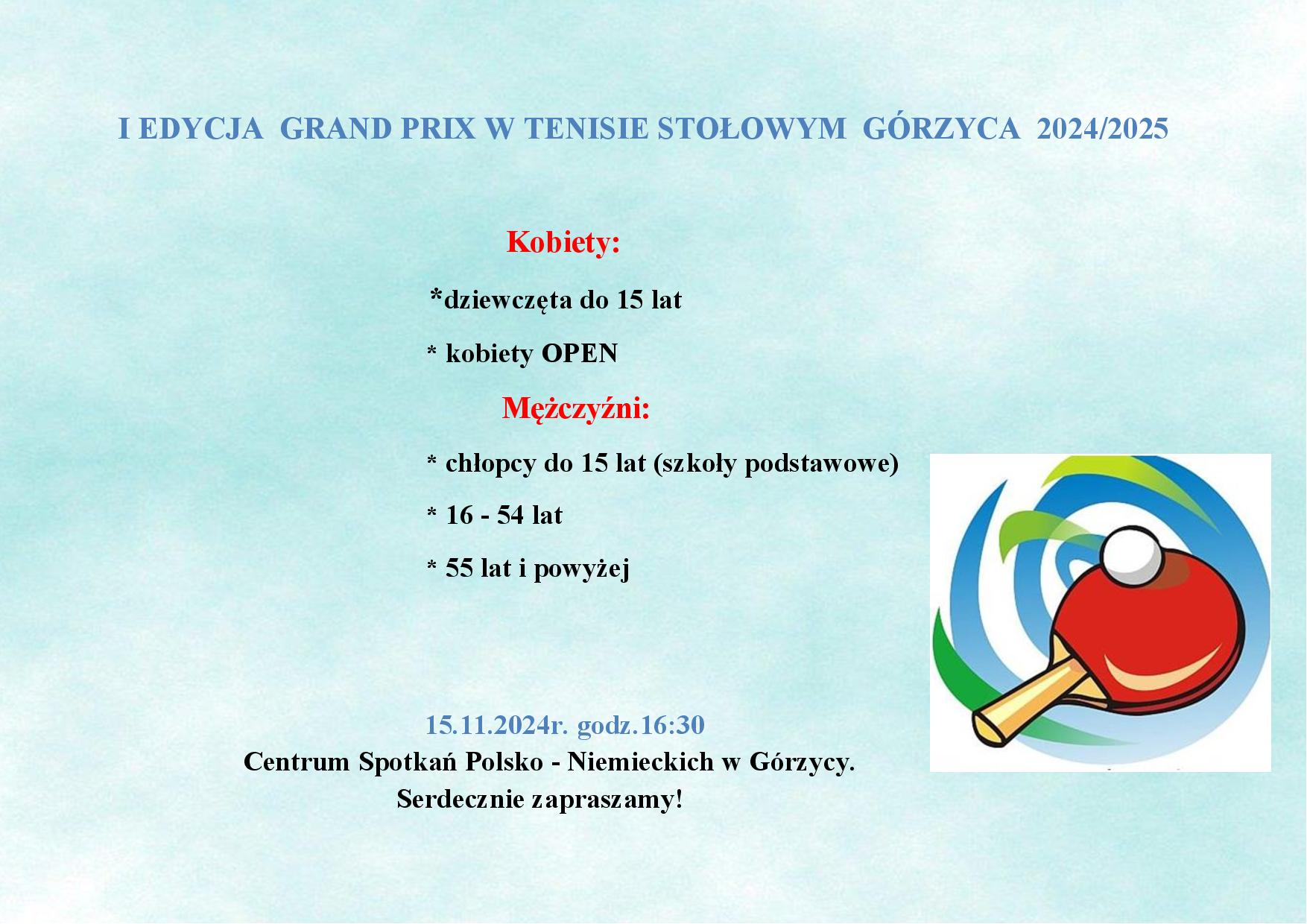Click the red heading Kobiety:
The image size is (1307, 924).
pos(563,243)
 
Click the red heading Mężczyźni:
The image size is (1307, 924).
pos(576,409)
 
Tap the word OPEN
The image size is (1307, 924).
pos(580,353)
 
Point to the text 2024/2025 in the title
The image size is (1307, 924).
pos(1103,129)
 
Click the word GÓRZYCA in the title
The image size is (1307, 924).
pos(941,128)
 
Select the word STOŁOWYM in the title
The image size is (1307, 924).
pos(753,129)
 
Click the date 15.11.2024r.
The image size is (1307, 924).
pos(497,725)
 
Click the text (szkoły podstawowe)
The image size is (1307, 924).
pos(776,464)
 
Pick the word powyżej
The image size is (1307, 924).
pos(582,569)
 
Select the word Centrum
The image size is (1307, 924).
pos(297,762)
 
